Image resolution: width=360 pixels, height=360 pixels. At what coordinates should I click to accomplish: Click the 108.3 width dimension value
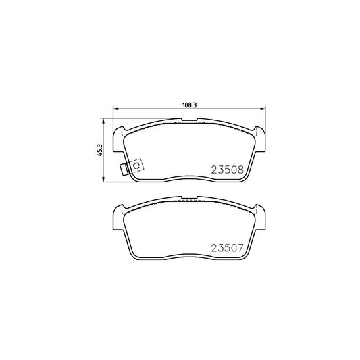pyautogui.click(x=190, y=105)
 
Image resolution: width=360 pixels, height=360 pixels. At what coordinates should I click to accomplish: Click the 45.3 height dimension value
pyautogui.click(x=99, y=151)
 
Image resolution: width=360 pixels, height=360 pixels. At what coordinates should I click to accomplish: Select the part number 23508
pyautogui.click(x=228, y=170)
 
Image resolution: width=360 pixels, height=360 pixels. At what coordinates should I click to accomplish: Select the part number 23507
pyautogui.click(x=227, y=248)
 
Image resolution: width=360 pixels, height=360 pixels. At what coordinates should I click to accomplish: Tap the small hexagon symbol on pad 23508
pyautogui.click(x=136, y=165)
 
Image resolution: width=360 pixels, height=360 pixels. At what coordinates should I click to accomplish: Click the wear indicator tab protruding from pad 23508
pyautogui.click(x=124, y=170)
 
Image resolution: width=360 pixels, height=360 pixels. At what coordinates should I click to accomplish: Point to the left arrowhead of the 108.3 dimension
pyautogui.click(x=115, y=109)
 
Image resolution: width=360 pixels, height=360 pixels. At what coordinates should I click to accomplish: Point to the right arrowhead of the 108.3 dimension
pyautogui.click(x=263, y=109)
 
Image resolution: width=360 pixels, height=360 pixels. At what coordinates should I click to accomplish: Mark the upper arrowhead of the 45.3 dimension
pyautogui.click(x=103, y=121)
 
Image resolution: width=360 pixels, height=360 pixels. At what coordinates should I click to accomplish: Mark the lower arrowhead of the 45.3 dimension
pyautogui.click(x=103, y=180)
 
